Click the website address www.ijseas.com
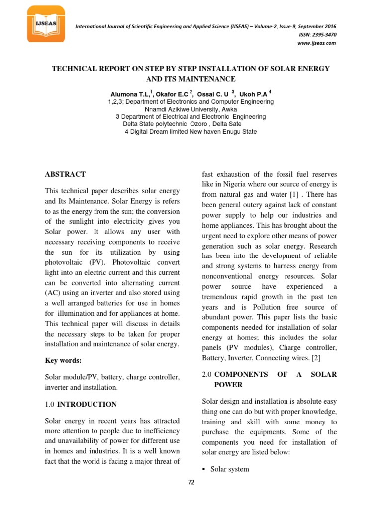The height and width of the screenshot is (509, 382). tap(316, 43)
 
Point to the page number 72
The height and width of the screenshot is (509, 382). tap(191, 482)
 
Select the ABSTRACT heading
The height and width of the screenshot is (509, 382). tap(65, 174)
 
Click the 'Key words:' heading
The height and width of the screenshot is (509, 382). tap(63, 360)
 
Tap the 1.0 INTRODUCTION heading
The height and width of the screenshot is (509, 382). tap(81, 404)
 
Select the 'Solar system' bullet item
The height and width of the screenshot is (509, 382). tap(230, 469)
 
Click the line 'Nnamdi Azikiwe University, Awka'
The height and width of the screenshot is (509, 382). tap(191, 109)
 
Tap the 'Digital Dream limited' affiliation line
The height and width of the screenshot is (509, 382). tap(191, 132)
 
